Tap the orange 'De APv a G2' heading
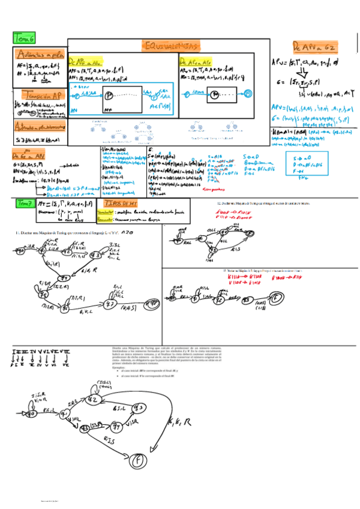click(314, 46)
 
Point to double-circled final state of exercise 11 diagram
click(110, 304)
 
